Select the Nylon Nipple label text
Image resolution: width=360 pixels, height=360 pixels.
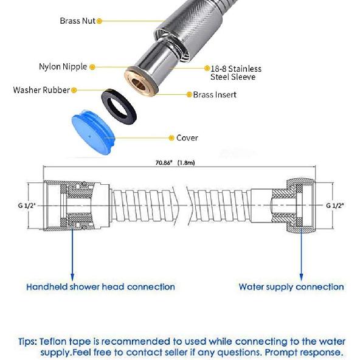pos(63,67)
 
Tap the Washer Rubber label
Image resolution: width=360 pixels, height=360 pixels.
pos(41,90)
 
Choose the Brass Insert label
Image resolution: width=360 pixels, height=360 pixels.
pos(215,94)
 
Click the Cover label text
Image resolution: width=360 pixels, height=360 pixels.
pos(187,138)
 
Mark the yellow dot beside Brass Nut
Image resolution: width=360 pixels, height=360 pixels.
pos(99,21)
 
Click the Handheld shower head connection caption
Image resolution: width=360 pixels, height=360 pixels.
pos(100,286)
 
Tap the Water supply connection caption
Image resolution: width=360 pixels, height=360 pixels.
pos(291,286)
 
